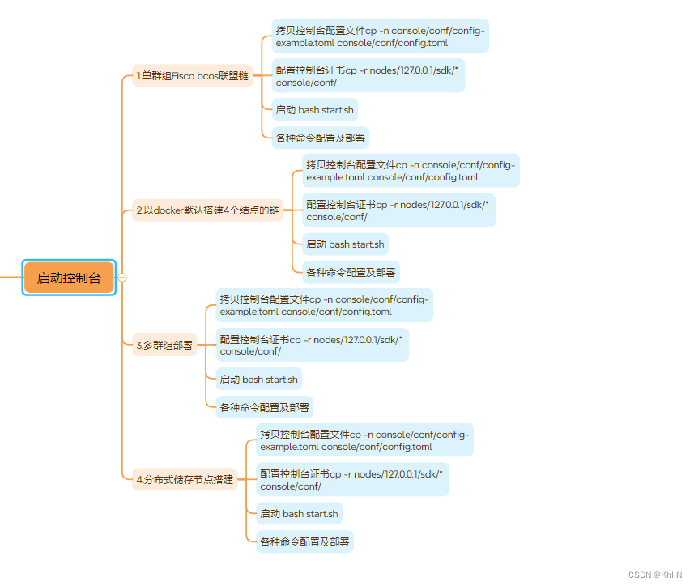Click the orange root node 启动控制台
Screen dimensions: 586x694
tap(69, 278)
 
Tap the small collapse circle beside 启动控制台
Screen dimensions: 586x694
tap(122, 278)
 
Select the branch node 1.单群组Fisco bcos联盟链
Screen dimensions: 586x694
tap(193, 76)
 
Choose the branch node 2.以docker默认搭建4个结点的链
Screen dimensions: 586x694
tap(207, 210)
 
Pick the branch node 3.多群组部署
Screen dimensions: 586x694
tap(165, 345)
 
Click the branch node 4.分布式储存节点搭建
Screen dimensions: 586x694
tap(185, 479)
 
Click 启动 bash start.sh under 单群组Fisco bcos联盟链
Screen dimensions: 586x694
tap(314, 110)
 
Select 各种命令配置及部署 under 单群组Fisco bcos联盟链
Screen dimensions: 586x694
tap(321, 138)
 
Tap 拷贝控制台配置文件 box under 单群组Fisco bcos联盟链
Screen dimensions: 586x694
tap(381, 36)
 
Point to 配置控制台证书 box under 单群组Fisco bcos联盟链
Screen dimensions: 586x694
tap(369, 76)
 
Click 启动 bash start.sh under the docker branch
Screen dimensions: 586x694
tap(345, 244)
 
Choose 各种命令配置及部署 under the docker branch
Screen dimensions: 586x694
tap(351, 272)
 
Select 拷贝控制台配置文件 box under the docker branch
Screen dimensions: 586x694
tap(411, 171)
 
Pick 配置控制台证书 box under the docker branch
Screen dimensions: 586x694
tap(399, 210)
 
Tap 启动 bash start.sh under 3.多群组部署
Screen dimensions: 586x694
tap(258, 379)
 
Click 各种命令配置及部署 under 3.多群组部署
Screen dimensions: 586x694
tap(264, 407)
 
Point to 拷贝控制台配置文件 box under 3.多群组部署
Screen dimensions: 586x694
tap(325, 305)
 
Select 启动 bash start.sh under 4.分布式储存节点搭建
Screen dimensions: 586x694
tap(299, 513)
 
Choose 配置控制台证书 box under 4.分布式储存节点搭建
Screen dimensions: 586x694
tap(353, 479)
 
